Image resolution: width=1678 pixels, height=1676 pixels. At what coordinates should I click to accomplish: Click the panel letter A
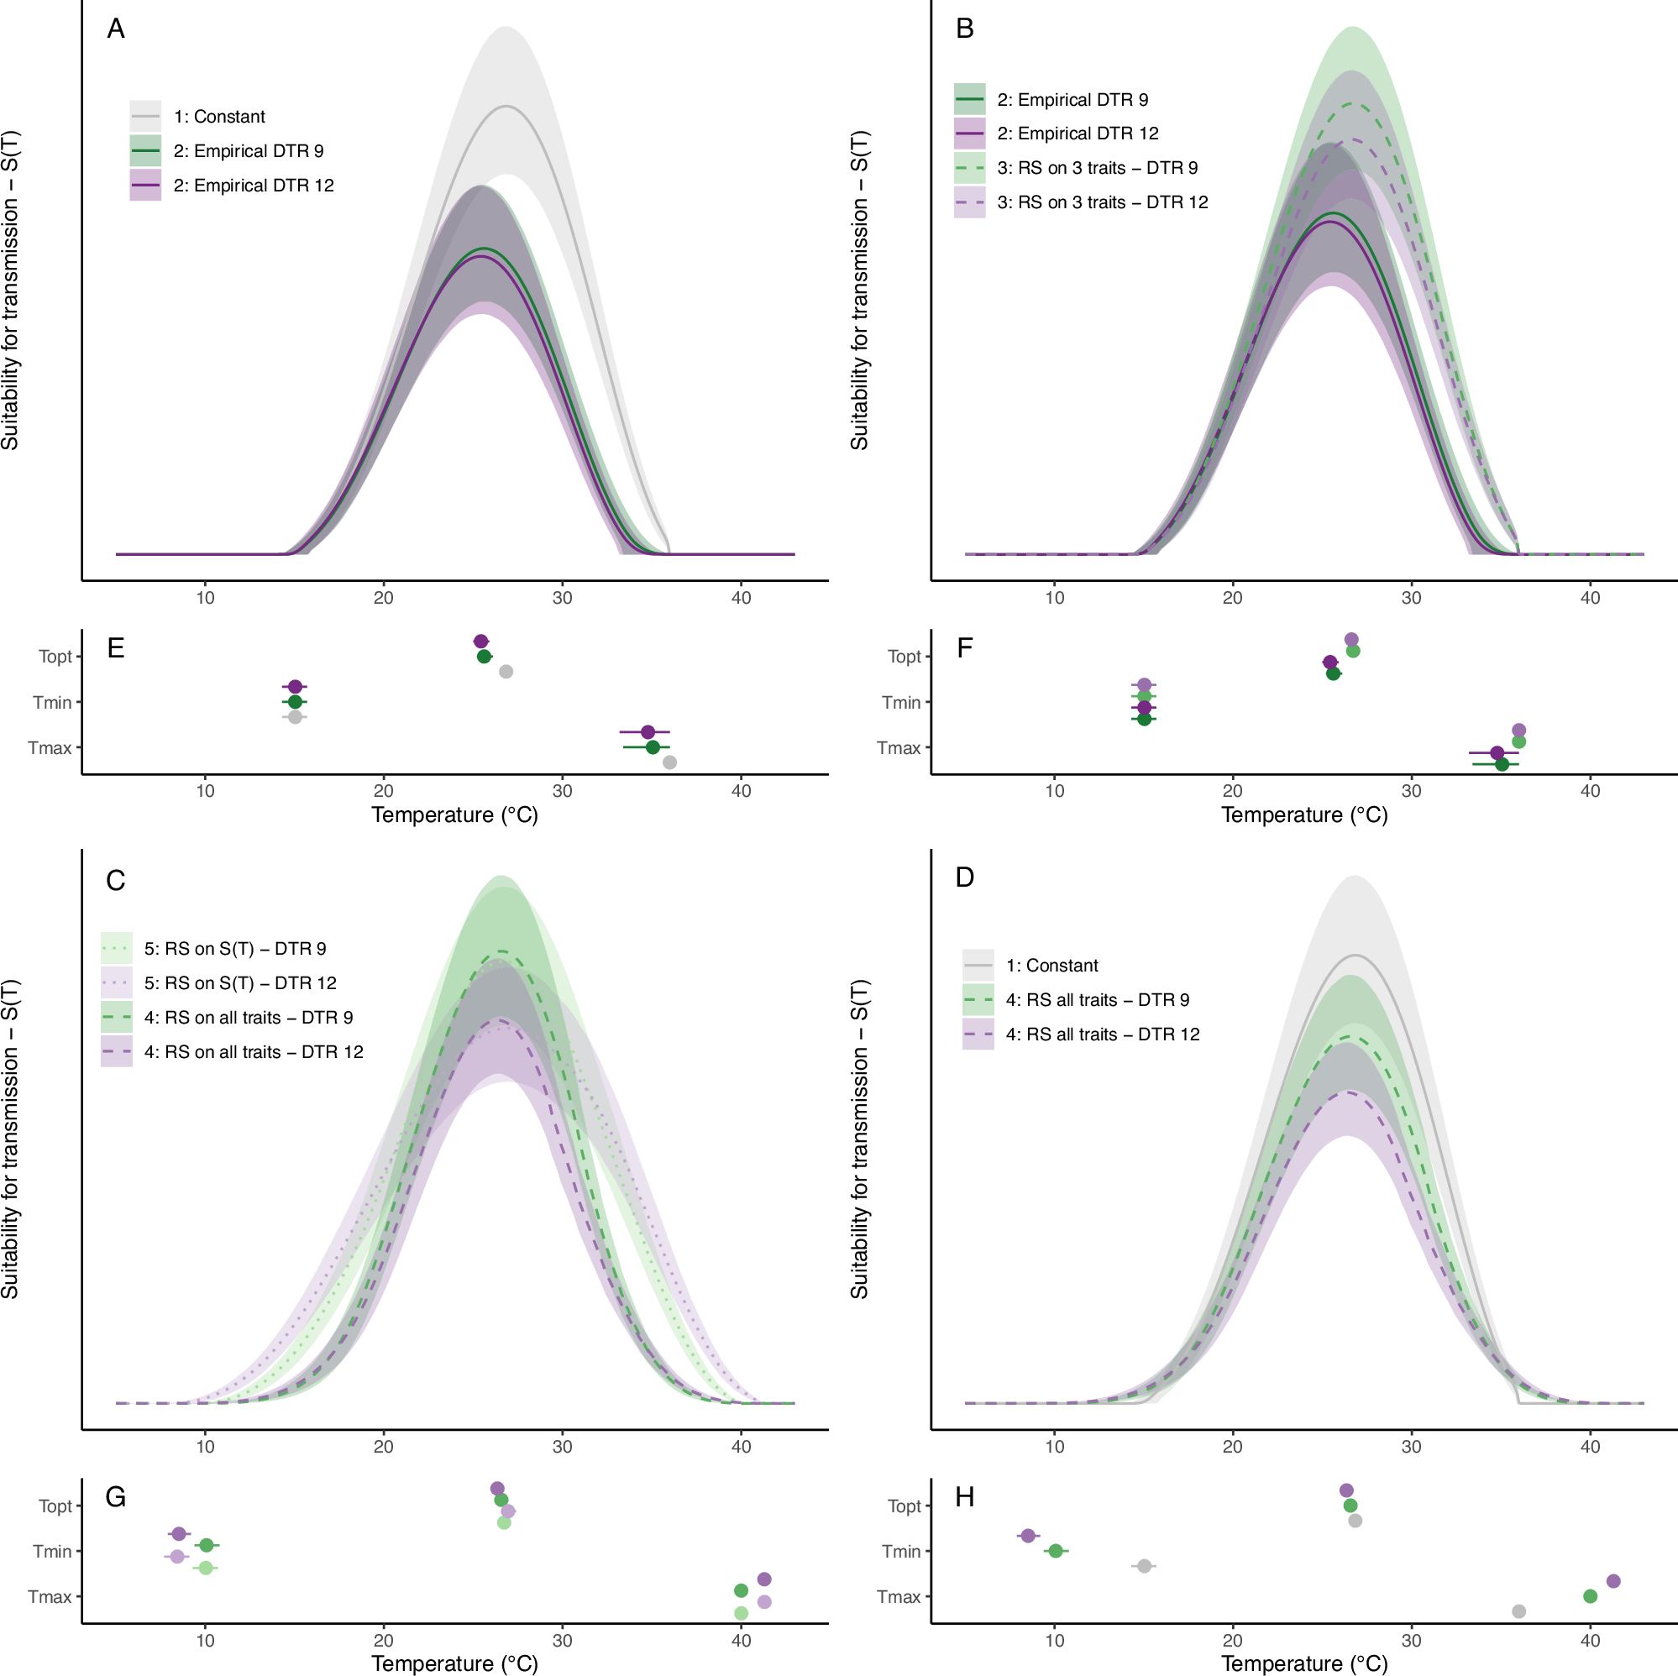116,29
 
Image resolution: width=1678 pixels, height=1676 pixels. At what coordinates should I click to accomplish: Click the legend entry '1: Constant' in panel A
219,117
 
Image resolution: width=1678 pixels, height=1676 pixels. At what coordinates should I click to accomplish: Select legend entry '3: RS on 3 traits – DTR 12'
1101,202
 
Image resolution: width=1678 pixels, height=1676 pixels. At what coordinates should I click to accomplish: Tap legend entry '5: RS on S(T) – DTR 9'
234,948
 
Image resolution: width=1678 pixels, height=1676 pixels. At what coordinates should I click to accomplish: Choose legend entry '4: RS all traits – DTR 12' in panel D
1101,1034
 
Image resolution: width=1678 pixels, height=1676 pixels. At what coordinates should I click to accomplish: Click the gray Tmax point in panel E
669,762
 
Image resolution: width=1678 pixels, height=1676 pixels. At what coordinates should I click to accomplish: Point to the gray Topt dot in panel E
506,671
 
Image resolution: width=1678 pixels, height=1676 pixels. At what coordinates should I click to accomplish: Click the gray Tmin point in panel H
1144,1566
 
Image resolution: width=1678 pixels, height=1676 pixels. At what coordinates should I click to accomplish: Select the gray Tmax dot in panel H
1518,1611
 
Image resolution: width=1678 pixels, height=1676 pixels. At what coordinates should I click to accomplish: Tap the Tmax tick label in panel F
898,747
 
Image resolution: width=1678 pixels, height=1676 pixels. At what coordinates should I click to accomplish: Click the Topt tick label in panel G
55,1506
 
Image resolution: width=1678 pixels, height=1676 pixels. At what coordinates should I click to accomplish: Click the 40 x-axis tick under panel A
741,598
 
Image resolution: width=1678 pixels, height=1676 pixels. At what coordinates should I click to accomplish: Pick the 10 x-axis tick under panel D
1053,1447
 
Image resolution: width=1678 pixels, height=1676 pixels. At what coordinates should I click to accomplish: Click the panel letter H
964,1497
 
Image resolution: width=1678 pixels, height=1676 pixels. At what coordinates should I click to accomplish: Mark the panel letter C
116,881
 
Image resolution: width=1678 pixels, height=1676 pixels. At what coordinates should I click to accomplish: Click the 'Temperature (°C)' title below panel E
454,814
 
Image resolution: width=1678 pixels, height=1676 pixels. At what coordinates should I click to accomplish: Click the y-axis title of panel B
859,290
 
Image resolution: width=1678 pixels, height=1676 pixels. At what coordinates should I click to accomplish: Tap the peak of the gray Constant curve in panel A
506,106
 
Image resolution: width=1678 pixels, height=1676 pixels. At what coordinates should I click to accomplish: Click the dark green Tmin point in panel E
295,702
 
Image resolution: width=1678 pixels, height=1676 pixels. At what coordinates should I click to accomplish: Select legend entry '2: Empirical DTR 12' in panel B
1077,134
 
